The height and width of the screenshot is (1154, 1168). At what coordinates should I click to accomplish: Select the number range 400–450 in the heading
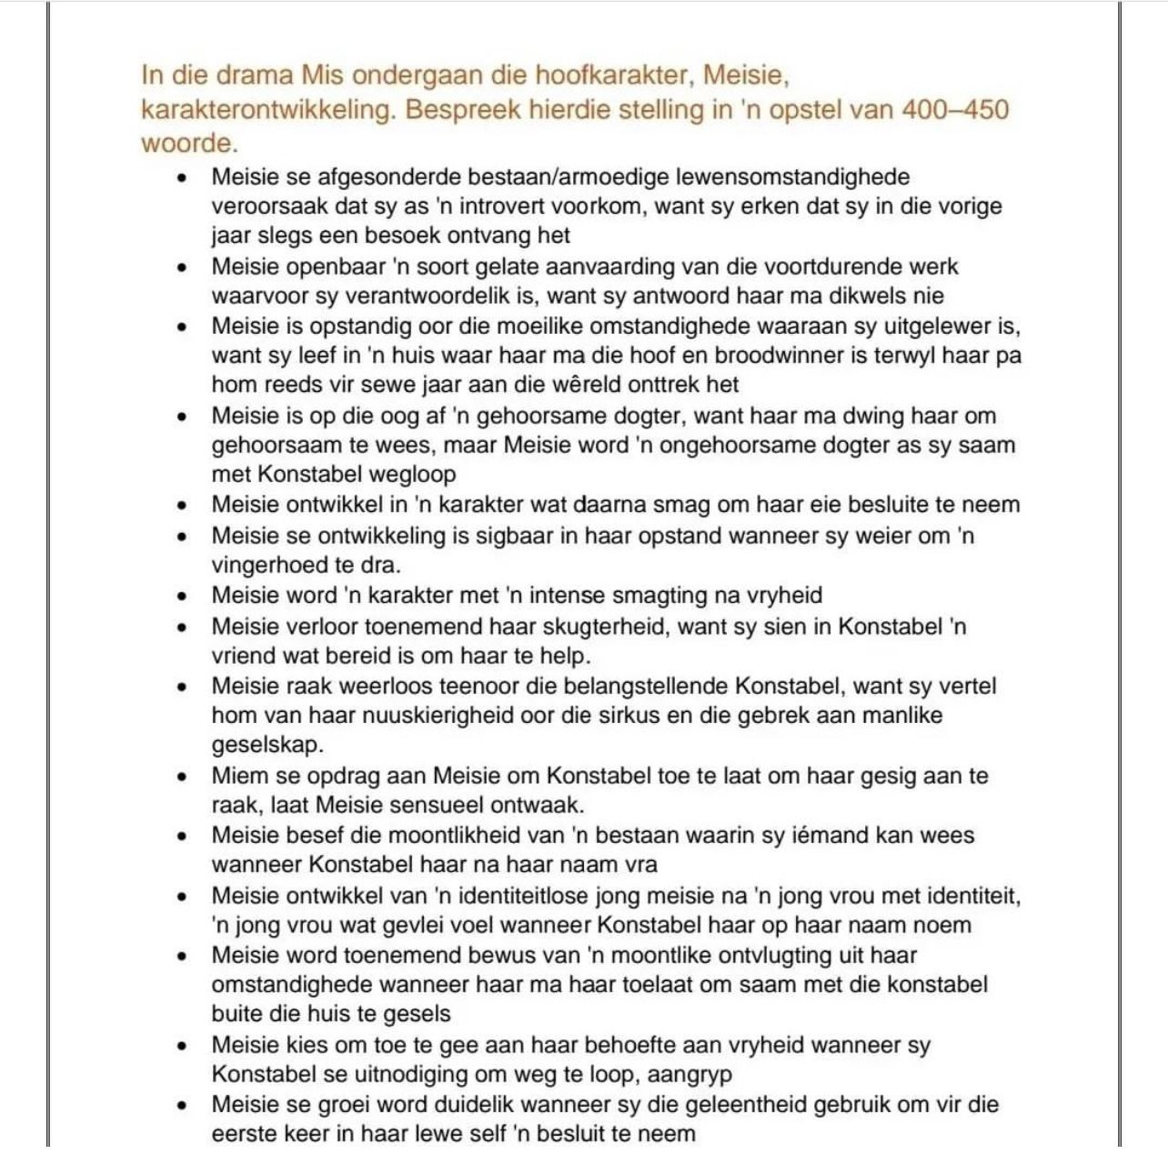tap(954, 109)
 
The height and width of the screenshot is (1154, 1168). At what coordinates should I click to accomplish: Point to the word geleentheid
tap(733, 1105)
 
